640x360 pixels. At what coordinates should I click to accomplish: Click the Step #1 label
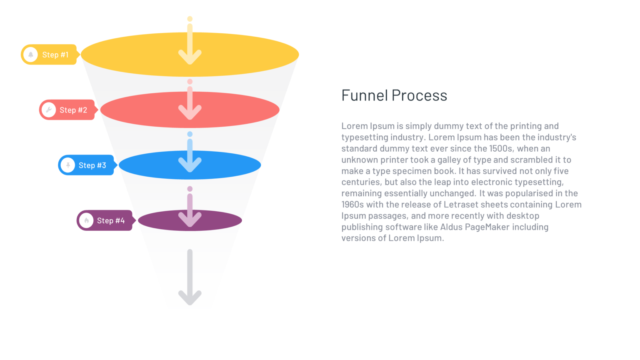[x=55, y=55]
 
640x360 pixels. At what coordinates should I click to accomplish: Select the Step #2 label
[x=73, y=110]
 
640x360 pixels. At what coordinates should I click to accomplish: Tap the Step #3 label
[x=92, y=165]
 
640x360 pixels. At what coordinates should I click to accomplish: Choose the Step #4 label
[x=111, y=220]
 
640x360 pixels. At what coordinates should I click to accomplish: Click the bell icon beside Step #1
[x=30, y=55]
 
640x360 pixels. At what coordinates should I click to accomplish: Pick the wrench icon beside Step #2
[x=49, y=110]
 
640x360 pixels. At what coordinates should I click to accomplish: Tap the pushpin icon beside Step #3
[x=68, y=165]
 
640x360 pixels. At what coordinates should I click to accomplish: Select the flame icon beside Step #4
[x=86, y=220]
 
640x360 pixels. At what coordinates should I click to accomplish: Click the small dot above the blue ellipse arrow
[x=190, y=134]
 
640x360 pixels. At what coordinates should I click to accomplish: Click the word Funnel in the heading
[x=365, y=95]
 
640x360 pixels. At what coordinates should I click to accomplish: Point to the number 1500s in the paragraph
[x=501, y=149]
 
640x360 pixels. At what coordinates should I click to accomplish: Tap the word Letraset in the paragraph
[x=461, y=205]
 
